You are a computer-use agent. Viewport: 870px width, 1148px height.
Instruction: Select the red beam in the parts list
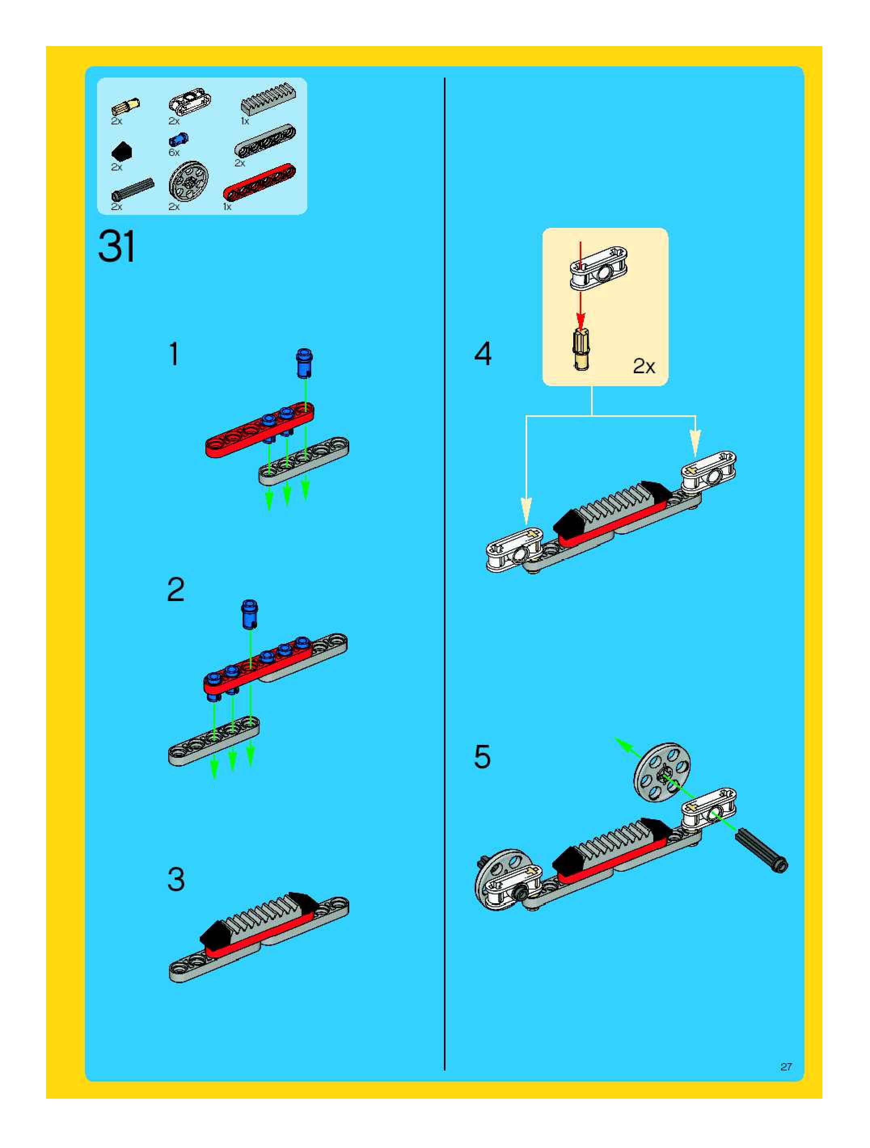259,182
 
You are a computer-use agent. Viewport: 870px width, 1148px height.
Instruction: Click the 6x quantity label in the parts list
174,153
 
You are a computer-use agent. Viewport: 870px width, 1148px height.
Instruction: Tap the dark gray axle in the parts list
133,189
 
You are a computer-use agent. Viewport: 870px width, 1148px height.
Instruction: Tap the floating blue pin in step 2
250,614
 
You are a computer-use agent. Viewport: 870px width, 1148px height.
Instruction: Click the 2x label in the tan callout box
644,367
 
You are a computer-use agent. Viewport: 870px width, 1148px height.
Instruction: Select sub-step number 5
482,757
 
